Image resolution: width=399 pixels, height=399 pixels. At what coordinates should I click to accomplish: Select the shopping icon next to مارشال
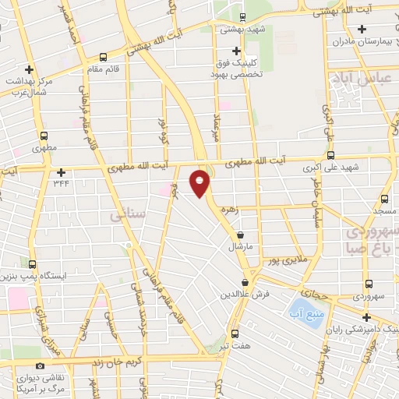(239, 235)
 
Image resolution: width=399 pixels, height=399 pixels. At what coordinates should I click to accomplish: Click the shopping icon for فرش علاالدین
(245, 283)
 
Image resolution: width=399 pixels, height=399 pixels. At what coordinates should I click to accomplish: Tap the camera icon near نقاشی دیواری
(41, 365)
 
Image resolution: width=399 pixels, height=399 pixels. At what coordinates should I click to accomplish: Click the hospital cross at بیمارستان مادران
(362, 30)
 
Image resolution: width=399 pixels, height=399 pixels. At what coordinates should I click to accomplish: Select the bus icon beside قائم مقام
(104, 56)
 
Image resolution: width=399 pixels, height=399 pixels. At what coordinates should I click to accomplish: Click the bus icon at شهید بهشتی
(242, 17)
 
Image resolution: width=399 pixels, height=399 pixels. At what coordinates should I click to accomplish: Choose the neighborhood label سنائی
(124, 211)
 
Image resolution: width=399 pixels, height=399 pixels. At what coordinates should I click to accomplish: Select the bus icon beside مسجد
(384, 199)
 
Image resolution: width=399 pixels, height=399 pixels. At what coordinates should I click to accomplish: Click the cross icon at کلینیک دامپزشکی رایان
(366, 316)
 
